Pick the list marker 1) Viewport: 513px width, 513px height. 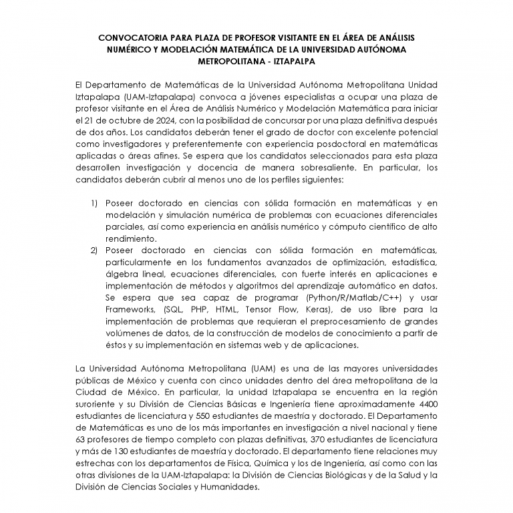click(94, 203)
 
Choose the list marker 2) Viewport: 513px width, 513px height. click(94, 250)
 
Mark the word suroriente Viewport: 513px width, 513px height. click(100, 405)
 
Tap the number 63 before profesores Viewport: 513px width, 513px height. click(81, 441)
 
